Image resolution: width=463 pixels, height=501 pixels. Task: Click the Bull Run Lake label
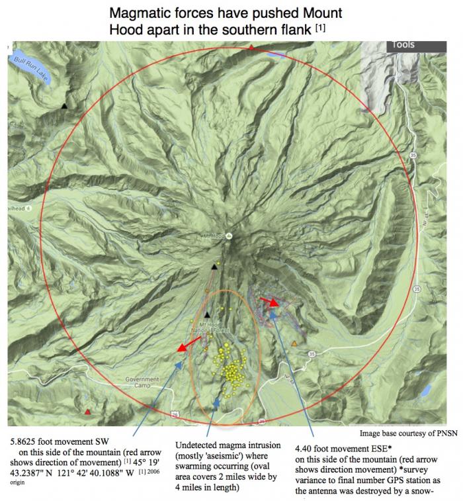click(x=24, y=66)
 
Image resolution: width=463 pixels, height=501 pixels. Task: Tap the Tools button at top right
click(x=403, y=45)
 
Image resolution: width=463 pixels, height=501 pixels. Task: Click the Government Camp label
click(x=142, y=382)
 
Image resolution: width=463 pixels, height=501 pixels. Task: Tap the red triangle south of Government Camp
click(x=88, y=412)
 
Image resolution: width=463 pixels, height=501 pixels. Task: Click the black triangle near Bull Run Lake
click(x=64, y=106)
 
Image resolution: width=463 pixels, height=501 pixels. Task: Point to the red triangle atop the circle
click(x=251, y=48)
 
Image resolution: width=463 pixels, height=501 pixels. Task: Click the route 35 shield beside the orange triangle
click(x=312, y=355)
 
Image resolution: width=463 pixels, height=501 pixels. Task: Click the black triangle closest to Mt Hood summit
click(x=214, y=267)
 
